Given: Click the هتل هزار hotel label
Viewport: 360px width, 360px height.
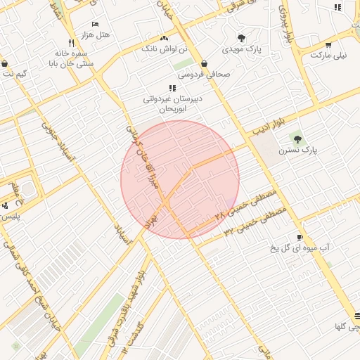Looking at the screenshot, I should pyautogui.click(x=96, y=34).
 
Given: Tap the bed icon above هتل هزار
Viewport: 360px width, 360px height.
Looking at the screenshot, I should pyautogui.click(x=96, y=24).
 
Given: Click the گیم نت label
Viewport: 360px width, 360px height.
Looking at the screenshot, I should pyautogui.click(x=15, y=74).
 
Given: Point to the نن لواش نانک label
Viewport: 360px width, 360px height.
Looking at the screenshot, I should pyautogui.click(x=165, y=49).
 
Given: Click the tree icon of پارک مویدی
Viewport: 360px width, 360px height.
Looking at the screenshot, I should pyautogui.click(x=241, y=38).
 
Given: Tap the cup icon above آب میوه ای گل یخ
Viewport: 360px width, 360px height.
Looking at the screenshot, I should pyautogui.click(x=300, y=238).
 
